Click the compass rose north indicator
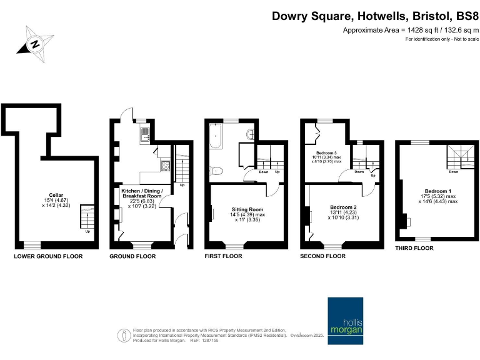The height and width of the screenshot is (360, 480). pos(35,43)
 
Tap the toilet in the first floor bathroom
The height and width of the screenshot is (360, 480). pos(216,169)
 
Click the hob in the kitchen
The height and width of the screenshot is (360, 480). pos(166,166)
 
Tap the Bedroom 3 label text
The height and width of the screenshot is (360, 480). pos(328,152)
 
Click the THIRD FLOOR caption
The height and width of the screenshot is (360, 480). pos(414,248)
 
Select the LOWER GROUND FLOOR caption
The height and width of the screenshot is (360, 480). pos(48,256)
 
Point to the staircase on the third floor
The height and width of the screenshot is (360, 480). pos(458,157)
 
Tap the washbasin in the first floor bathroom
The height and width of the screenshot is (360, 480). pos(251,134)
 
